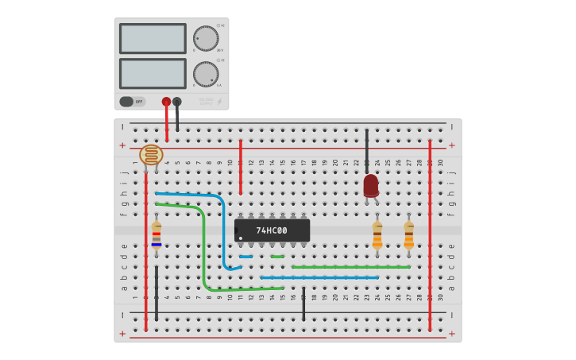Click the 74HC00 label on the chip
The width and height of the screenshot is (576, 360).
272,230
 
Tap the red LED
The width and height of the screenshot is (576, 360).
371,186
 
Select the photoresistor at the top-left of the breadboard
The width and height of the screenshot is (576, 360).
151,154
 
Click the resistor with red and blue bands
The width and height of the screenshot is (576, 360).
157,235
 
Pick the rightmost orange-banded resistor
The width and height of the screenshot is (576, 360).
408,235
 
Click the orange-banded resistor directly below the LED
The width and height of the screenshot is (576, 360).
377,235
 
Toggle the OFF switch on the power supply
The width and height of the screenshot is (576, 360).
132,102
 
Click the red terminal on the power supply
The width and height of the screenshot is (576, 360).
166,102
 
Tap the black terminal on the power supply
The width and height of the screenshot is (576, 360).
177,102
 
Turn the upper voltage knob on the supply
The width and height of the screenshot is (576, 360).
206,38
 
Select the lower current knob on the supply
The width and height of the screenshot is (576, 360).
206,74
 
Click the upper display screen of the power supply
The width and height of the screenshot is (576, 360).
153,38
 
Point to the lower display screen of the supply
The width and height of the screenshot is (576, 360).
153,74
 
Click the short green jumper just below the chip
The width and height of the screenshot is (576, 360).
277,257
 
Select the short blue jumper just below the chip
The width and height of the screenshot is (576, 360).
245,257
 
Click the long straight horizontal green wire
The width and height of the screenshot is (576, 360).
350,267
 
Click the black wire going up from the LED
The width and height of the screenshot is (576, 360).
366,151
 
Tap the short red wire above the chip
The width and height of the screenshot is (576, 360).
241,167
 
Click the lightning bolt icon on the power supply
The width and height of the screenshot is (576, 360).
220,102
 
